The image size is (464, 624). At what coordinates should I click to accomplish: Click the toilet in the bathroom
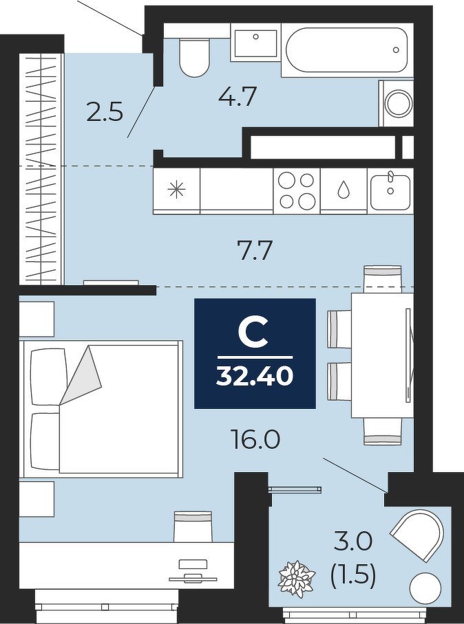194,57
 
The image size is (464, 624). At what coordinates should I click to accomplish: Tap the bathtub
347,49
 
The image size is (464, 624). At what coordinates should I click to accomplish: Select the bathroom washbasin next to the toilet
255,43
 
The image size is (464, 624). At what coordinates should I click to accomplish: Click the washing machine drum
398,103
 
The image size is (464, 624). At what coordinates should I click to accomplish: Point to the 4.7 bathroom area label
237,96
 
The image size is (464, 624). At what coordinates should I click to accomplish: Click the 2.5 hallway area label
105,111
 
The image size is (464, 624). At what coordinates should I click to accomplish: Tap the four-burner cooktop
297,191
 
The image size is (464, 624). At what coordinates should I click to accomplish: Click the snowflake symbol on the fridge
177,189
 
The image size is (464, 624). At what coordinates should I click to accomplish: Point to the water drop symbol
344,190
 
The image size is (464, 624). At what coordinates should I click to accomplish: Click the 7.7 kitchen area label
254,251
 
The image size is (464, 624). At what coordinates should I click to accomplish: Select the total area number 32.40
255,376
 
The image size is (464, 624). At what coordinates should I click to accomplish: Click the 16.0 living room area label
256,440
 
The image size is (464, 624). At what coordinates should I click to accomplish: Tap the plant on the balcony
297,578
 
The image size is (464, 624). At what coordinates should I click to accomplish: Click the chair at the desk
193,526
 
